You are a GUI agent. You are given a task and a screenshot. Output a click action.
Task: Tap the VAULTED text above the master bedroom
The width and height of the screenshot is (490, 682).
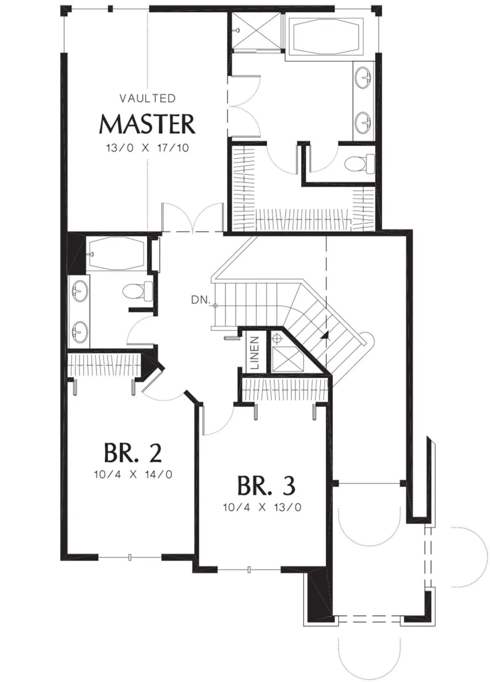pos(148,98)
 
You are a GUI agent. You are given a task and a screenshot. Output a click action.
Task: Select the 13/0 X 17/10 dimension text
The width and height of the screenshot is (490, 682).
pos(147,148)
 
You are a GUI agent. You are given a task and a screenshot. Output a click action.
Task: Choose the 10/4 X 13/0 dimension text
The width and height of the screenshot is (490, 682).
pos(262,507)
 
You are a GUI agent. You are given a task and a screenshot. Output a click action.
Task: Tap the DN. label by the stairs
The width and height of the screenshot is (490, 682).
pos(201,300)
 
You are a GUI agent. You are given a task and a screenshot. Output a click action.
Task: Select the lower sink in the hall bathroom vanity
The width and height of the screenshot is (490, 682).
pos(80,332)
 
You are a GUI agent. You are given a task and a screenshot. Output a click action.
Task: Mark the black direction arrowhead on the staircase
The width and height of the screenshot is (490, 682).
pos(325,335)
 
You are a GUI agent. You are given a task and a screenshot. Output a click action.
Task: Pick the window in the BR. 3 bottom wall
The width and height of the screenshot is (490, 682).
pos(249,569)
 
